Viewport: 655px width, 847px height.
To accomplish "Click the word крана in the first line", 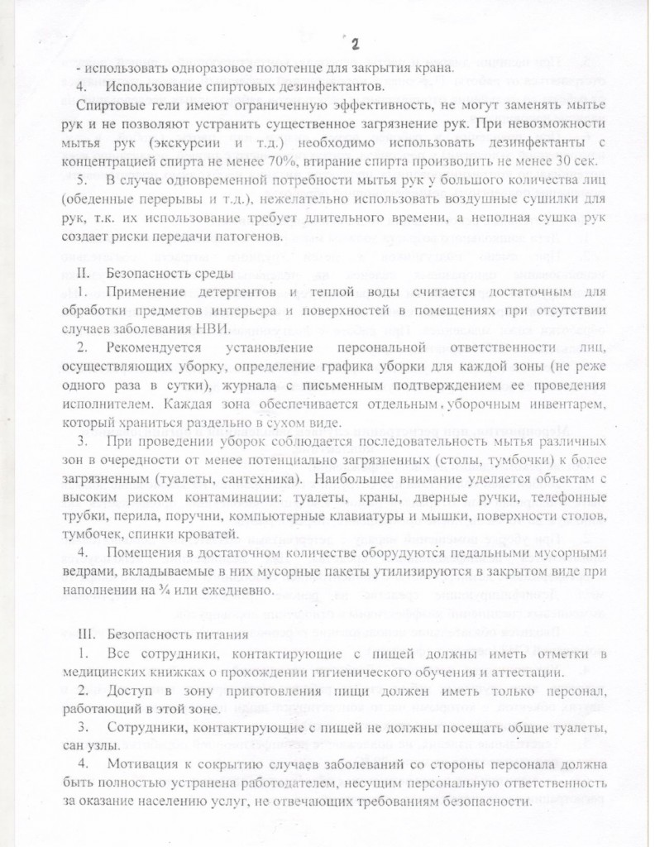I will (x=436, y=68).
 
